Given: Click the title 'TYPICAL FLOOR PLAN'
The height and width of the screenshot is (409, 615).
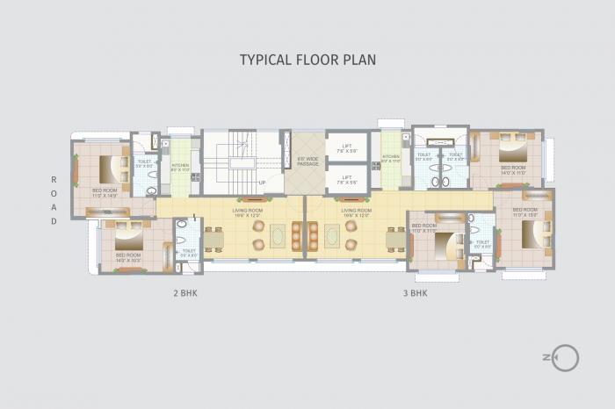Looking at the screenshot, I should (307, 60).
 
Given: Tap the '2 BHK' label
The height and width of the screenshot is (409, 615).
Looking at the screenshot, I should (184, 293).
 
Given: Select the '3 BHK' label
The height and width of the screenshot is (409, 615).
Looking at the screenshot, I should (415, 293).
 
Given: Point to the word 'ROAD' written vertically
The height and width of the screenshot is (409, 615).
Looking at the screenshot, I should (53, 200).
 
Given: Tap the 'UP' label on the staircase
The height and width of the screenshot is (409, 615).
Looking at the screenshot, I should (262, 183).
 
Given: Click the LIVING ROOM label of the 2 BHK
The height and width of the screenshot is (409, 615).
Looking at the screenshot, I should (248, 212).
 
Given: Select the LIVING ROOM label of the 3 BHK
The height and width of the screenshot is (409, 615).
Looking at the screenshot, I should (356, 212).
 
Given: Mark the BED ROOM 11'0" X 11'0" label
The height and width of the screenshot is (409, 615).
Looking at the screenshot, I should (423, 227).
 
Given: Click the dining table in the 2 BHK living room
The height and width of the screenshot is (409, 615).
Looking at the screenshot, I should (213, 238).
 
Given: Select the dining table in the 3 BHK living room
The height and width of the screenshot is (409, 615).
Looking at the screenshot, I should (396, 238).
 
